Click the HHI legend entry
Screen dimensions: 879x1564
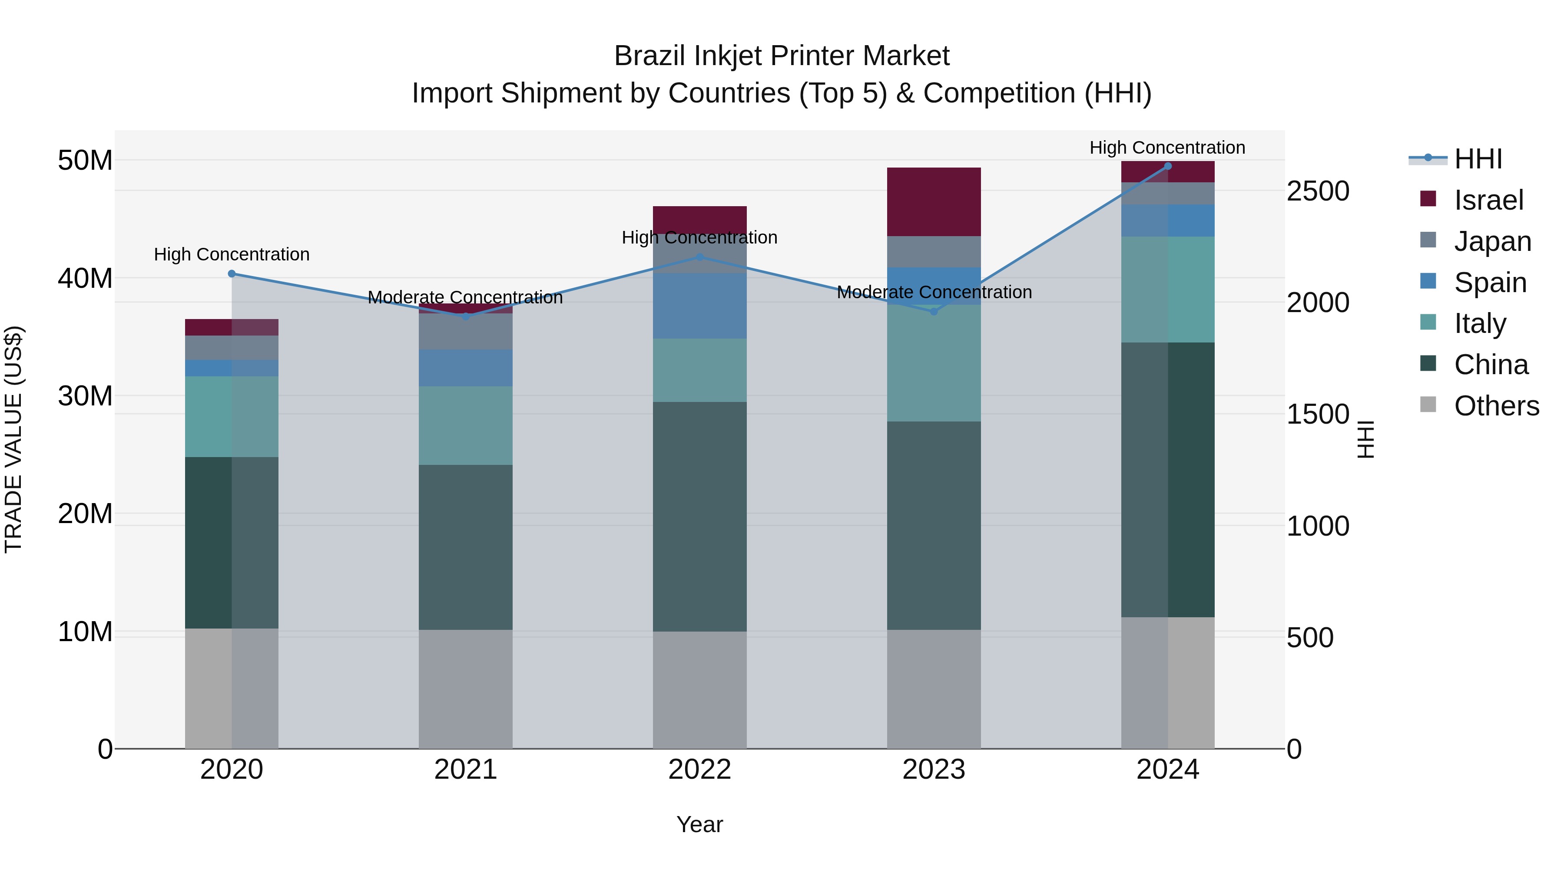point(1477,159)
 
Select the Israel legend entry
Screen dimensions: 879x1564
point(1488,200)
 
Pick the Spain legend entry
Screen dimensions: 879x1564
point(1489,283)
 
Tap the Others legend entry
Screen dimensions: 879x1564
point(1495,406)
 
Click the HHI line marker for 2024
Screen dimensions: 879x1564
point(1167,166)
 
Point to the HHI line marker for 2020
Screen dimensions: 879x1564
point(231,273)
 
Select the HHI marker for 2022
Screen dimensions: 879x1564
point(699,257)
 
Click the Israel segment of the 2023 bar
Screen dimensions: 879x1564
point(934,201)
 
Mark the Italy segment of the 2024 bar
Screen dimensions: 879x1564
point(1167,290)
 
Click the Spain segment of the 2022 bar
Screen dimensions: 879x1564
point(699,306)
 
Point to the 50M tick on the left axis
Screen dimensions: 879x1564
point(85,161)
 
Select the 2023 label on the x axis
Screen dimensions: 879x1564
point(934,770)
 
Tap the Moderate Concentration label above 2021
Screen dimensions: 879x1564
point(466,297)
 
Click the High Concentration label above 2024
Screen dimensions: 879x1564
point(1167,148)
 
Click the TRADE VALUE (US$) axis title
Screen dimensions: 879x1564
point(14,439)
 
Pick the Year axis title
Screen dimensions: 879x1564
point(699,824)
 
